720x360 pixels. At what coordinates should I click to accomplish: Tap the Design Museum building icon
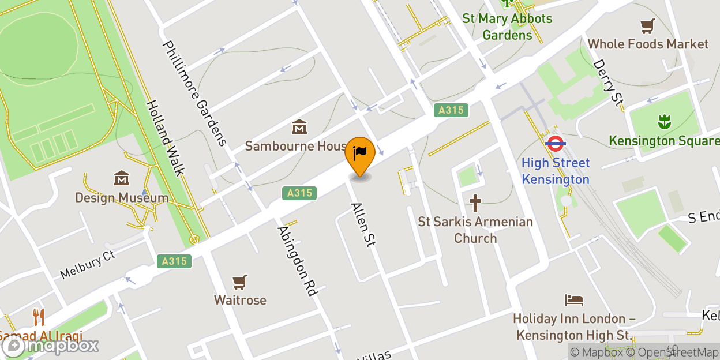pos(122,178)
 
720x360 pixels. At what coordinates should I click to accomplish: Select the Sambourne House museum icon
pos(299,126)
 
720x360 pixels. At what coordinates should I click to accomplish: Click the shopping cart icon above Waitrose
pos(241,282)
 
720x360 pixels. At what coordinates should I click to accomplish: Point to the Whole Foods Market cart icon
pos(648,26)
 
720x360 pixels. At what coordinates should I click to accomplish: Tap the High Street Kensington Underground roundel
pos(555,142)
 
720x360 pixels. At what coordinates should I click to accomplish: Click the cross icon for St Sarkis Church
pos(475,203)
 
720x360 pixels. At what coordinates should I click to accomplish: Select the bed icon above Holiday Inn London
pos(574,300)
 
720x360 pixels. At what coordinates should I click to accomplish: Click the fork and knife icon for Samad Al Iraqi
pos(39,317)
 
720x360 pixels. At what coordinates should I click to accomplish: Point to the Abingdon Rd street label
pos(298,261)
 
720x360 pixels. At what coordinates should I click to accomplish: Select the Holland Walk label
pos(165,137)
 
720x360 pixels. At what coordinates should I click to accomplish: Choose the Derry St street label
pos(609,83)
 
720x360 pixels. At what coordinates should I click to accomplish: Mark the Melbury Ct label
pos(88,264)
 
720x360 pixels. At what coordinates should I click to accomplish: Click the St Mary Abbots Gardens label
pos(508,27)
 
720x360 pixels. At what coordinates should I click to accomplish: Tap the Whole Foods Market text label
pos(648,44)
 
